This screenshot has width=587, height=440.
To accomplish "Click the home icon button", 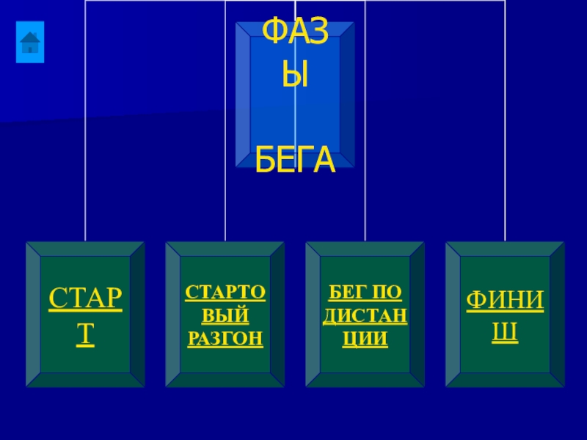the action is (x=30, y=42).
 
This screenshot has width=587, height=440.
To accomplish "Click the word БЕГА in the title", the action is (x=295, y=162).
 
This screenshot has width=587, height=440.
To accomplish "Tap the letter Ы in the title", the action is (x=295, y=76).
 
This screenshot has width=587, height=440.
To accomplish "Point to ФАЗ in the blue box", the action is (x=295, y=32).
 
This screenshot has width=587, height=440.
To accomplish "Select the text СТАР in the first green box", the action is (x=86, y=301).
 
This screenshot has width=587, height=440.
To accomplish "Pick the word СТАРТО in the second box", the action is (x=225, y=293).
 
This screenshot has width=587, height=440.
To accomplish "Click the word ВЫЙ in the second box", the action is (x=225, y=316).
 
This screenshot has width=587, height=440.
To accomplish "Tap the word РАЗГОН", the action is (x=225, y=340).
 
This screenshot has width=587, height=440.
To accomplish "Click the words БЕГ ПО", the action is (x=365, y=293).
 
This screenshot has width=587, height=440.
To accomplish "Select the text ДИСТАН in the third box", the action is (x=365, y=316).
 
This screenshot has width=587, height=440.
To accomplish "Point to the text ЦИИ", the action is (x=365, y=340).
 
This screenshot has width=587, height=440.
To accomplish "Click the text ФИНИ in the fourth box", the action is (x=505, y=301).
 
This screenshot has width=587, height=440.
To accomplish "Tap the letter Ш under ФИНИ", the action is (x=505, y=334).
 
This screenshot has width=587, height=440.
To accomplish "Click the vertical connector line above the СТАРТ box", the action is (x=86, y=147).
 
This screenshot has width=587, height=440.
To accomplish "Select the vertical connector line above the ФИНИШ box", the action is (x=505, y=147).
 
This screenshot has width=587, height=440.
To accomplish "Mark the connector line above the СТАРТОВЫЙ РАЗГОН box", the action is (x=225, y=205).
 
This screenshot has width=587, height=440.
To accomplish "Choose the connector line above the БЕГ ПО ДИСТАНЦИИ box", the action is (x=365, y=205).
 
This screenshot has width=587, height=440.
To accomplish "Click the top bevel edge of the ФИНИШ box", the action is (x=505, y=249).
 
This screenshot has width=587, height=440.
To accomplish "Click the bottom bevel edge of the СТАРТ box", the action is (x=86, y=380).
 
